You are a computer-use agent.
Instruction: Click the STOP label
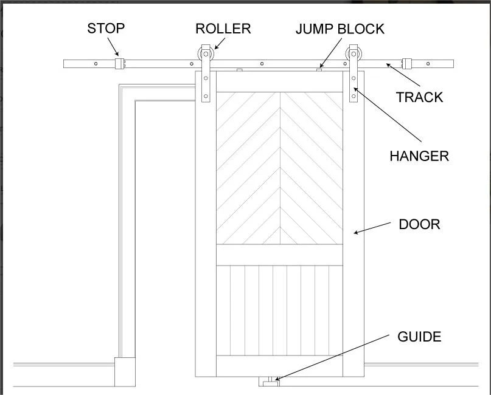(x=106, y=29)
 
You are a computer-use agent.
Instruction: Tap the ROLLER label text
(x=223, y=29)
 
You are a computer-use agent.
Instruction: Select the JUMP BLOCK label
(x=340, y=29)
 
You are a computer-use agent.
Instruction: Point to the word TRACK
(x=420, y=97)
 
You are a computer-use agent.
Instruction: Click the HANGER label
(x=419, y=156)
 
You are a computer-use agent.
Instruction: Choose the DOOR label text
(x=420, y=225)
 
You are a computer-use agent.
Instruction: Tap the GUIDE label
(x=419, y=337)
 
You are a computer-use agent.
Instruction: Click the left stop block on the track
(x=120, y=63)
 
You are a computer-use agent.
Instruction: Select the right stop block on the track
(x=407, y=63)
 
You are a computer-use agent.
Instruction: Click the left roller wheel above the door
(x=206, y=54)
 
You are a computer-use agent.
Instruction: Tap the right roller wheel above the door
(x=353, y=54)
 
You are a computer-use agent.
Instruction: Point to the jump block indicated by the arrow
(x=319, y=70)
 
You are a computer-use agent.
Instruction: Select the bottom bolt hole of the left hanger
(x=206, y=97)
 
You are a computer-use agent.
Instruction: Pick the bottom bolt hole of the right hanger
(x=354, y=97)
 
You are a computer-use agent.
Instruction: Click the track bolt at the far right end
(x=428, y=64)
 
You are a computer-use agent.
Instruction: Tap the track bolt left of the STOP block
(x=96, y=64)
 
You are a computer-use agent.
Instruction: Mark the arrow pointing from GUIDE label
(x=332, y=357)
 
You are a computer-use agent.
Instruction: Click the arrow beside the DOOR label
(x=372, y=228)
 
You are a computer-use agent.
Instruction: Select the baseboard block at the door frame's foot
(x=125, y=372)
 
